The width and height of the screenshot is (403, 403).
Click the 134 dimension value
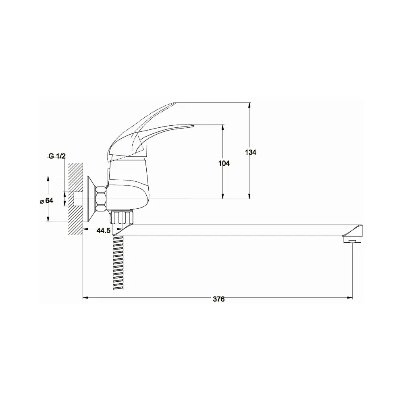click(x=251, y=152)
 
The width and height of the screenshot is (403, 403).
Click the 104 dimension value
click(x=224, y=163)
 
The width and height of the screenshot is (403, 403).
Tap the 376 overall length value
click(x=219, y=299)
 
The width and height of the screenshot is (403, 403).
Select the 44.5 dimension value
click(x=103, y=231)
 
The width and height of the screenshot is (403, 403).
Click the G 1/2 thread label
click(x=57, y=156)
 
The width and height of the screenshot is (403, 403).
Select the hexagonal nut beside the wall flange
click(x=101, y=199)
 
